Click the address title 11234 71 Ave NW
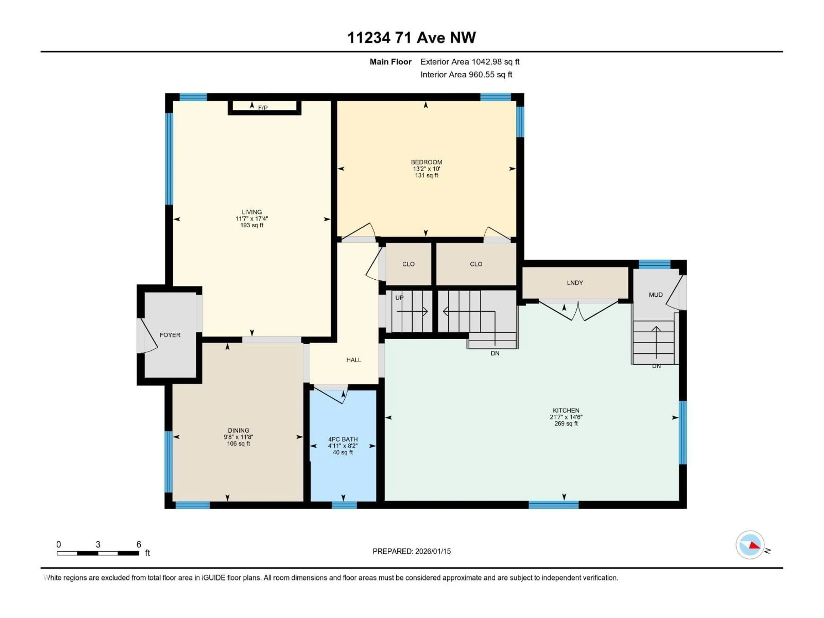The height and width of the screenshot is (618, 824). (x=411, y=38)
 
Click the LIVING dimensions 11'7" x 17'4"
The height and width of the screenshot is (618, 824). (x=252, y=219)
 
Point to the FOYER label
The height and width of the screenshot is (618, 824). (x=170, y=335)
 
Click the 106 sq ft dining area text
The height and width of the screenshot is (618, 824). (x=238, y=444)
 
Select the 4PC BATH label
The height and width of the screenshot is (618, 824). (x=343, y=439)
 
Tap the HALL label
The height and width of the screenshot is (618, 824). (x=353, y=360)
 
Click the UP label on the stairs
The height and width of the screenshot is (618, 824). (x=399, y=298)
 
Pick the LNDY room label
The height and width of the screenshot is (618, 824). (x=575, y=283)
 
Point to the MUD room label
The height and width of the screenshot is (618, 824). (x=656, y=295)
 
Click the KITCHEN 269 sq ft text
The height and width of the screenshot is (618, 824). (x=566, y=424)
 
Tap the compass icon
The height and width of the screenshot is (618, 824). (x=750, y=545)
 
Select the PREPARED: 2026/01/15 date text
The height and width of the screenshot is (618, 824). (x=412, y=551)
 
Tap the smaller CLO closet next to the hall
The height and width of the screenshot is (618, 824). (x=408, y=264)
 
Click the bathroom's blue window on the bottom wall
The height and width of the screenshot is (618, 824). (x=344, y=505)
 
